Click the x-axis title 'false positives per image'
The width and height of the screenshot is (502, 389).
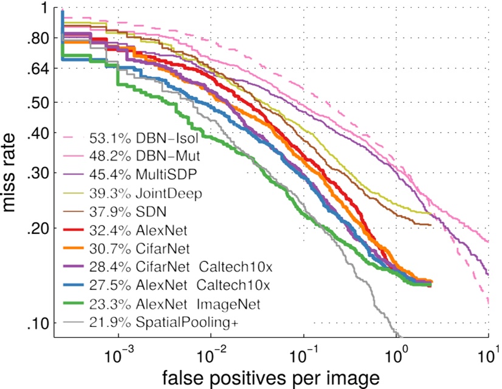[271, 377]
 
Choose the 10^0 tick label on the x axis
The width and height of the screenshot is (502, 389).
[396, 352]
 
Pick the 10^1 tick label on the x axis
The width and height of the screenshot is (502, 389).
[489, 352]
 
